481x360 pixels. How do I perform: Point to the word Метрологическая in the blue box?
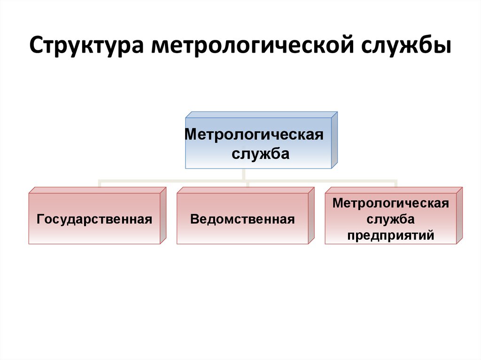tap(254, 135)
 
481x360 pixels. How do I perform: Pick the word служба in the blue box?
tap(260, 154)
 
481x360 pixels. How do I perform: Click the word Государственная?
tap(94, 219)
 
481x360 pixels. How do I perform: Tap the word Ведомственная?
tap(242, 219)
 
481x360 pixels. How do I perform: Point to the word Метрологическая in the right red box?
tap(390, 204)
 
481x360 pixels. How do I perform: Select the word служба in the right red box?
tap(390, 219)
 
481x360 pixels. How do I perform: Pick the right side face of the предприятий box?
tap(459, 215)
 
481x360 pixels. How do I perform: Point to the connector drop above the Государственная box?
tap(100, 183)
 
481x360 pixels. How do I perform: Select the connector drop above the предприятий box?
tap(396, 183)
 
